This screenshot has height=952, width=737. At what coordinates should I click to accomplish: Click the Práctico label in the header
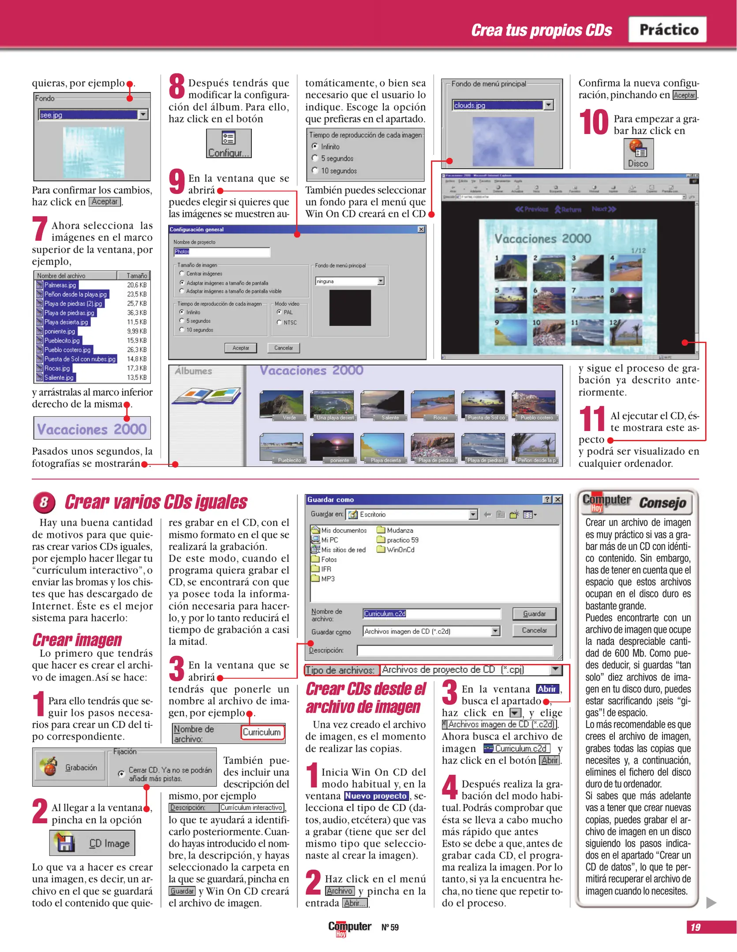click(668, 30)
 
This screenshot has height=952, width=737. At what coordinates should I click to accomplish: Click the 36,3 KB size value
click(137, 312)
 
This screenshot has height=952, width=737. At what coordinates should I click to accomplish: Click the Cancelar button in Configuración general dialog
click(283, 348)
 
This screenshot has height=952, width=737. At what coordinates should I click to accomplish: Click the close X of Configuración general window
click(421, 229)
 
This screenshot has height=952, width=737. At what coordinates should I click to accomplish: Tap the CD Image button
click(92, 843)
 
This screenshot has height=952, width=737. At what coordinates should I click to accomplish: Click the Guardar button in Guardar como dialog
click(534, 614)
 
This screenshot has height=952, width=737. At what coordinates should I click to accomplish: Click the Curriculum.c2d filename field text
click(385, 614)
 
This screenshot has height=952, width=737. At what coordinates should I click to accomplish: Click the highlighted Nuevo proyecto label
click(376, 796)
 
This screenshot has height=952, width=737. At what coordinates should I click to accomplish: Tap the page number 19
click(696, 927)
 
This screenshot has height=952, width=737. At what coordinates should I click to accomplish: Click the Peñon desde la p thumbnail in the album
click(534, 447)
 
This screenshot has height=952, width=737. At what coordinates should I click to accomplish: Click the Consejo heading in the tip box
click(662, 502)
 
